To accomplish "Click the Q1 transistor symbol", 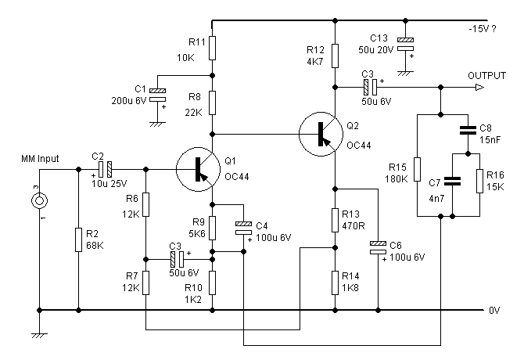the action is (x=198, y=170).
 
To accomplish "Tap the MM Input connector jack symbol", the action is (x=39, y=201).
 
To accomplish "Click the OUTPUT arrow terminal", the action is (x=479, y=88).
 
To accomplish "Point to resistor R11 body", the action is (x=212, y=49).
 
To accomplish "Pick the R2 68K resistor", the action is (x=78, y=239).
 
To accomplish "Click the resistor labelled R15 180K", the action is (x=418, y=170).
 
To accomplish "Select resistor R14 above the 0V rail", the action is (x=336, y=283).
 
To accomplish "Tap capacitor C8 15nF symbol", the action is (x=468, y=130).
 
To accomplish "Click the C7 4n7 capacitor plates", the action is (x=452, y=181).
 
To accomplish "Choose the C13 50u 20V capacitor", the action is (x=405, y=44).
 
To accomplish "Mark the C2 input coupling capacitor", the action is (x=105, y=170).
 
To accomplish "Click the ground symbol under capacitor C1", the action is (x=157, y=124).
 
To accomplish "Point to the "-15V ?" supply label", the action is (x=483, y=29).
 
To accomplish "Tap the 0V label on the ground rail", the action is (x=494, y=311).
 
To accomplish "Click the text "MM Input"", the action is (x=40, y=158).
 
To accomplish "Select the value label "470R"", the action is (x=354, y=226).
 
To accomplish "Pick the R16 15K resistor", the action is (x=480, y=181).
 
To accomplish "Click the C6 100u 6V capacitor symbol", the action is (x=378, y=247).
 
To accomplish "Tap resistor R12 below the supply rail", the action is (x=336, y=56).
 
